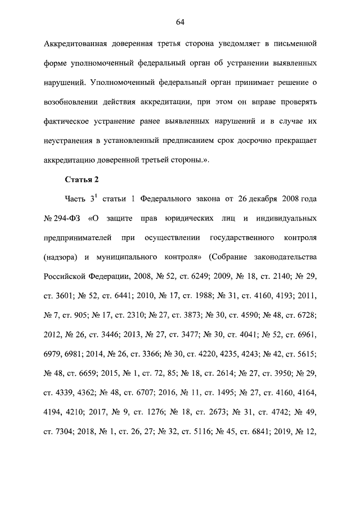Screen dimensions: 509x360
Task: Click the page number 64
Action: tap(180, 22)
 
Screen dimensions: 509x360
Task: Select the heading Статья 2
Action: tap(82, 179)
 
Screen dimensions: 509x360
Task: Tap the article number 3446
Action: tap(116, 335)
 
